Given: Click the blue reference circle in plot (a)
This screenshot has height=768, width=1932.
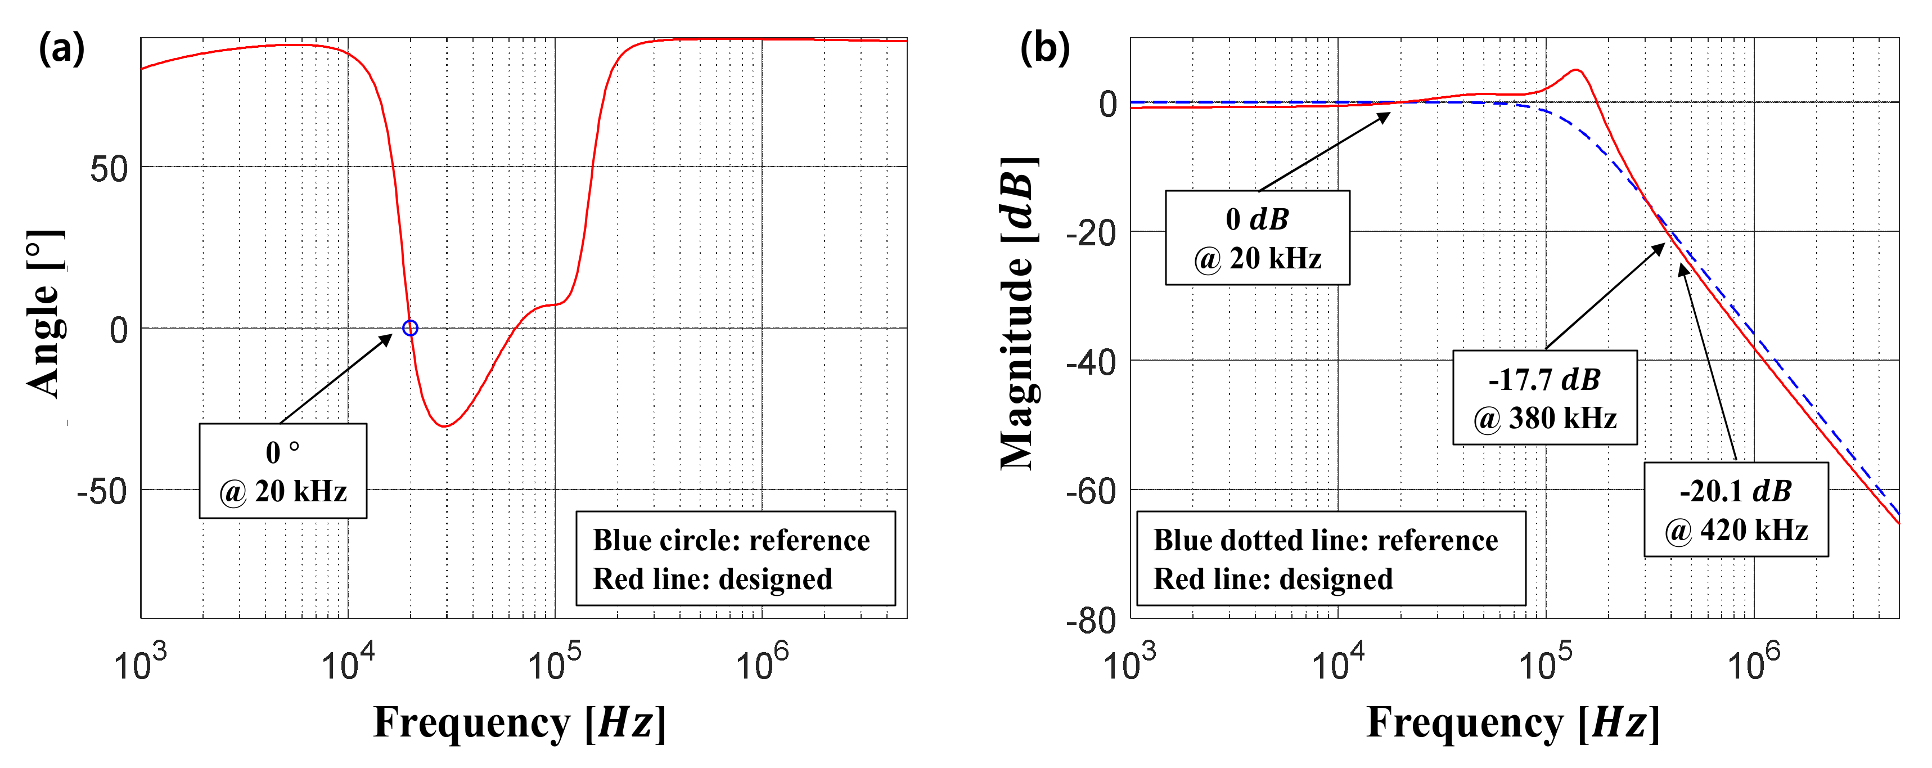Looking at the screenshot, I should click(409, 328).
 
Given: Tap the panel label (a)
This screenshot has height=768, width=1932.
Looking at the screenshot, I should click(61, 50).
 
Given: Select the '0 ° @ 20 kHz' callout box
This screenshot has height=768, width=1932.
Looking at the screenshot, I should click(283, 471).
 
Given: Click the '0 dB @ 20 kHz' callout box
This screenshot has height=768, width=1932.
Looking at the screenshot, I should click(1257, 238).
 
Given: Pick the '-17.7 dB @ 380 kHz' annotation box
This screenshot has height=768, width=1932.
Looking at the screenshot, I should click(1544, 397).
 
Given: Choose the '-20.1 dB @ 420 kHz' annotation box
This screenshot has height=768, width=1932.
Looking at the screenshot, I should click(1736, 509).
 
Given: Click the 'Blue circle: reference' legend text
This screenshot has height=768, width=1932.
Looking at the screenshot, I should click(731, 540).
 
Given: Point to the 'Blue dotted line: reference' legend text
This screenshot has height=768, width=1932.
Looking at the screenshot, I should click(1325, 540).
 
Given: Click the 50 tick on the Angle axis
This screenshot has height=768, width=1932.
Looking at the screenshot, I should click(109, 169).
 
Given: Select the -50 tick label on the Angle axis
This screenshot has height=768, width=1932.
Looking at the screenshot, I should click(102, 492).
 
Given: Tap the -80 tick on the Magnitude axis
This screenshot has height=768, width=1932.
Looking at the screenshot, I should click(1091, 622).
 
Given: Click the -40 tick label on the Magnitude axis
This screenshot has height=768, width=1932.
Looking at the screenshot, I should click(1091, 363).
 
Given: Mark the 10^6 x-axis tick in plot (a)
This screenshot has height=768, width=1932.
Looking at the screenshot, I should click(762, 663).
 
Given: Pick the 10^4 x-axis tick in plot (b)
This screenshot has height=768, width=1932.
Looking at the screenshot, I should click(1337, 663).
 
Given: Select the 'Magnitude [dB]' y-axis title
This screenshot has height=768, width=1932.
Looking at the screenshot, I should click(1019, 315).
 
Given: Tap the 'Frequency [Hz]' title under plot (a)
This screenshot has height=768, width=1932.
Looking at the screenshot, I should click(519, 723).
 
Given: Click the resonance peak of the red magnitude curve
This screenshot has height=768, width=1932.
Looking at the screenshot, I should click(1577, 70).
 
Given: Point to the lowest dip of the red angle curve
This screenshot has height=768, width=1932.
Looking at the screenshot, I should click(445, 426).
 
